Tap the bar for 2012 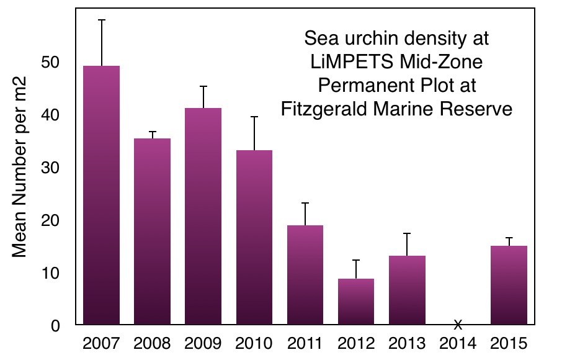tap(356, 301)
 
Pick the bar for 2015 tap(509, 285)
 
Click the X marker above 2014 tap(458, 324)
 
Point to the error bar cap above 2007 tap(102, 20)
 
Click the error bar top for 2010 tap(254, 117)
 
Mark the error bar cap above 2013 tap(407, 233)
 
